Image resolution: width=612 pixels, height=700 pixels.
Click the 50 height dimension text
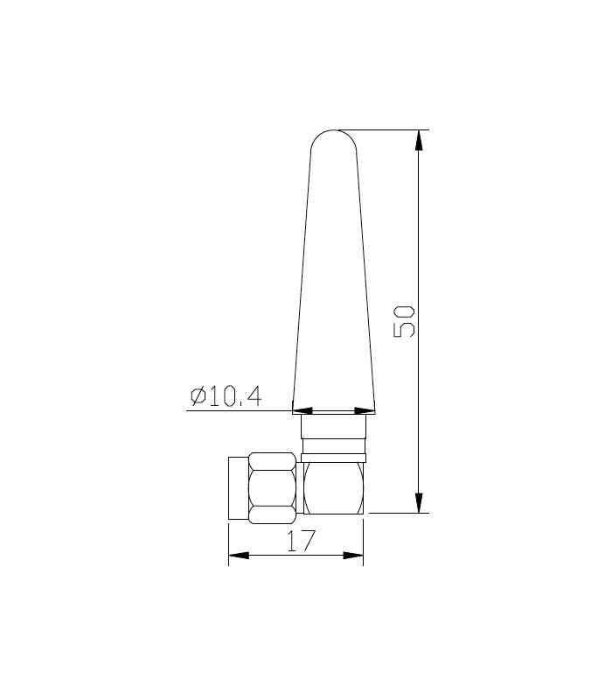[405, 321]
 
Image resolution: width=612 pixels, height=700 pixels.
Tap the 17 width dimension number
[300, 541]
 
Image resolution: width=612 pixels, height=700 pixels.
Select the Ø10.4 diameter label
[226, 396]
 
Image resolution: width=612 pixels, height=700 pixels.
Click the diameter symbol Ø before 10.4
[198, 396]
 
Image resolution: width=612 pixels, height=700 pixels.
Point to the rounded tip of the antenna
[334, 136]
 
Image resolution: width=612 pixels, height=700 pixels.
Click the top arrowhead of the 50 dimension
[420, 140]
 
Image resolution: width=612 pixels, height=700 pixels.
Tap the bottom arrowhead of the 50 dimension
[420, 503]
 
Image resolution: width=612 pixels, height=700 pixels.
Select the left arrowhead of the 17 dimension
[239, 555]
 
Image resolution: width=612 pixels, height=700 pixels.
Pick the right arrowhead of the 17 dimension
[354, 555]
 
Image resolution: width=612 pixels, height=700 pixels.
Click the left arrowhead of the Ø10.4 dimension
[302, 409]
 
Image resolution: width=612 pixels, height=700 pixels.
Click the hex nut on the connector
[272, 487]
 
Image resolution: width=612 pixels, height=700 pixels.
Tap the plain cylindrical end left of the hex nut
[238, 487]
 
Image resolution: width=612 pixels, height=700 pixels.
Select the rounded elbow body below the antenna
[333, 487]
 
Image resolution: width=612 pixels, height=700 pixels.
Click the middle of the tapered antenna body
[334, 280]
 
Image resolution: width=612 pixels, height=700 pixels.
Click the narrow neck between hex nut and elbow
[300, 487]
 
